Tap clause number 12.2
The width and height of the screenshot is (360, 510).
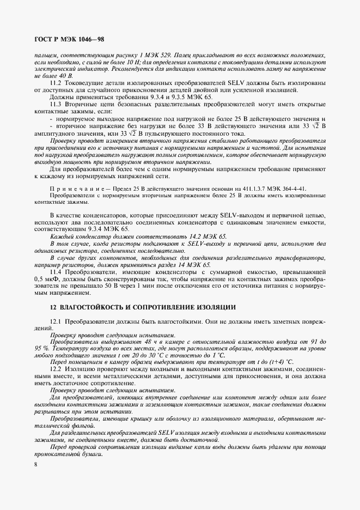[x=56, y=369]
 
